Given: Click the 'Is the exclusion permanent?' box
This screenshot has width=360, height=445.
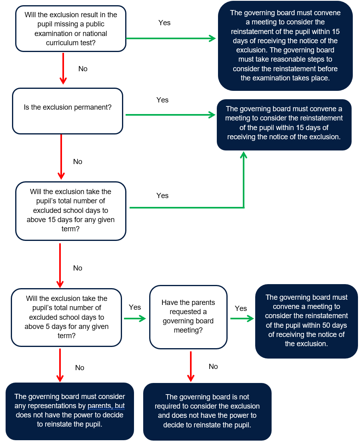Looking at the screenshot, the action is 68,111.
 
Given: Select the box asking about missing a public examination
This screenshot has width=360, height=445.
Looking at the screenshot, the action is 71,29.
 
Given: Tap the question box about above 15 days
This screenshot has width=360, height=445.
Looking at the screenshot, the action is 71,211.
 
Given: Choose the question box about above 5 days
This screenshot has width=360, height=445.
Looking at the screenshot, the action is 66,317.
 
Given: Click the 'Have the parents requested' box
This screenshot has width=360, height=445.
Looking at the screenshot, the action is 188,317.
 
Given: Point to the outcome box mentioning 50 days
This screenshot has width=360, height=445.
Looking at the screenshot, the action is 306,321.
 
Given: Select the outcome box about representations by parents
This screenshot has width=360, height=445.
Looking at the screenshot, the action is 70,411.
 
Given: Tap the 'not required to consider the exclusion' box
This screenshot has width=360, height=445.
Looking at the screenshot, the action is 207,411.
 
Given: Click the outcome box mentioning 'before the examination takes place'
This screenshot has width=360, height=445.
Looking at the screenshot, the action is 285,46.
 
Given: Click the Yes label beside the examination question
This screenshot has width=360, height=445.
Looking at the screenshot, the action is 164,23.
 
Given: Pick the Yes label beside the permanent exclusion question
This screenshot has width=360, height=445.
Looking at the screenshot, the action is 162,100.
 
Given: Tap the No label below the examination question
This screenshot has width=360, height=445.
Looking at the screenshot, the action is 83,69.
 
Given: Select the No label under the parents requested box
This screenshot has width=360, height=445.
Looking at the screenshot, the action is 213,367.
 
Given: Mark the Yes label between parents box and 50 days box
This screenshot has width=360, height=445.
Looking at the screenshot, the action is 241,308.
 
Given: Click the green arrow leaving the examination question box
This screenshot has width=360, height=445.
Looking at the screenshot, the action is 171,38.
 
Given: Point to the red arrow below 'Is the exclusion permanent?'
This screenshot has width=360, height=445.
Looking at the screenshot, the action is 61,156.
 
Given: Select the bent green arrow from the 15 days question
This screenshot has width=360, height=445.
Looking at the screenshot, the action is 244,207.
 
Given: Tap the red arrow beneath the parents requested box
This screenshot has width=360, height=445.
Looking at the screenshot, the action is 191,367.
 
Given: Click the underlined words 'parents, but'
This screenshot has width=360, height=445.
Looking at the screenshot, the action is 106,406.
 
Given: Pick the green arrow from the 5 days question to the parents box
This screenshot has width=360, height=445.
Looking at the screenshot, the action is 135,319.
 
